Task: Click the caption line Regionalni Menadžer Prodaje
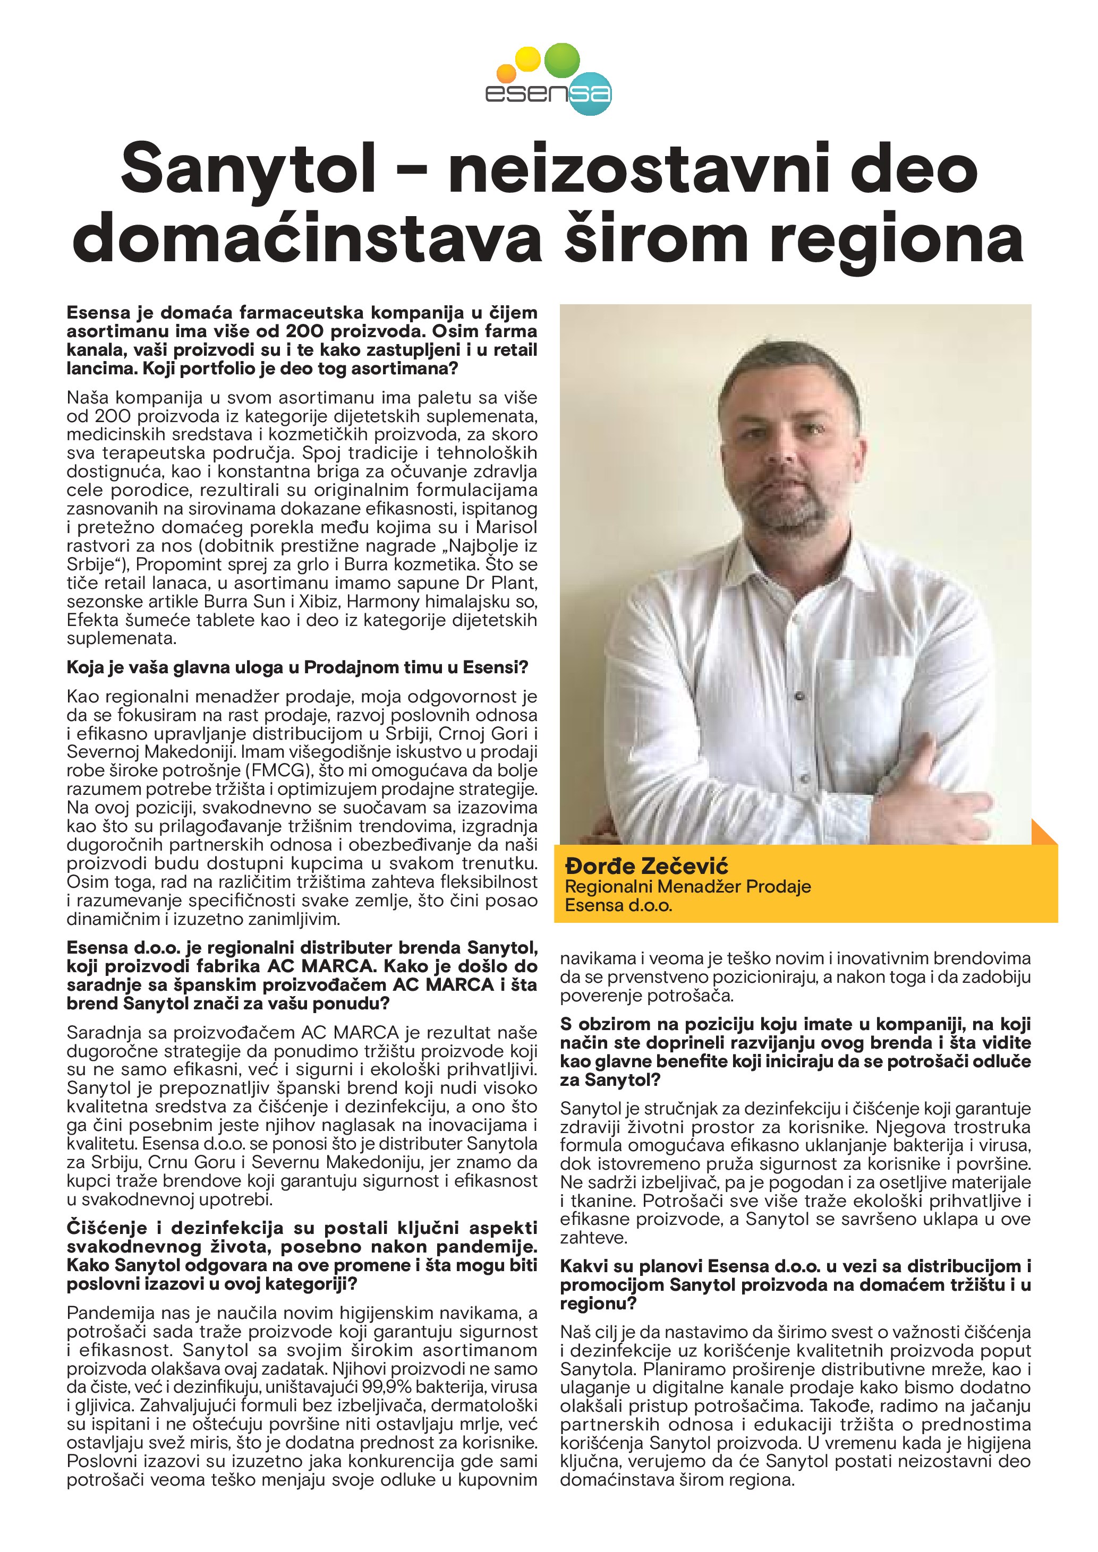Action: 687,886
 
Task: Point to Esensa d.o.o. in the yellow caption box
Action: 619,905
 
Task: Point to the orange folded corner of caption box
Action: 1044,832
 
